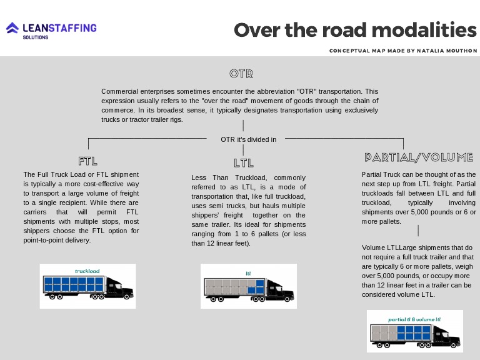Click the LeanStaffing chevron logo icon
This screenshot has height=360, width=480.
(12, 29)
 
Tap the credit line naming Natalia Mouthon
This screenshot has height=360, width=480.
(403, 51)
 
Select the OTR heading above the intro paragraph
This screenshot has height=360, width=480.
(241, 74)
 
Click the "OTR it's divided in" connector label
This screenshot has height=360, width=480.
(248, 139)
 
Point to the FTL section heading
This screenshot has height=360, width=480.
(88, 160)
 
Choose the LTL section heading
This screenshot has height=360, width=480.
(244, 163)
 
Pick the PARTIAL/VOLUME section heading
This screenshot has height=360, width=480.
(418, 157)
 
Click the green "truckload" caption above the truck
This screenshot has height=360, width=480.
(87, 271)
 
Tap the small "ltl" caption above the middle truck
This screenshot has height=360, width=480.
(248, 272)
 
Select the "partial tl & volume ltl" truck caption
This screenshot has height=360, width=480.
(414, 319)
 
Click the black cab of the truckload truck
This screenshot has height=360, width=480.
(119, 287)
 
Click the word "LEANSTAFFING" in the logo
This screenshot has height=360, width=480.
(59, 27)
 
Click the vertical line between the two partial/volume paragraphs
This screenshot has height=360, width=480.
(418, 231)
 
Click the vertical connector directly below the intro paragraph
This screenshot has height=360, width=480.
(243, 126)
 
